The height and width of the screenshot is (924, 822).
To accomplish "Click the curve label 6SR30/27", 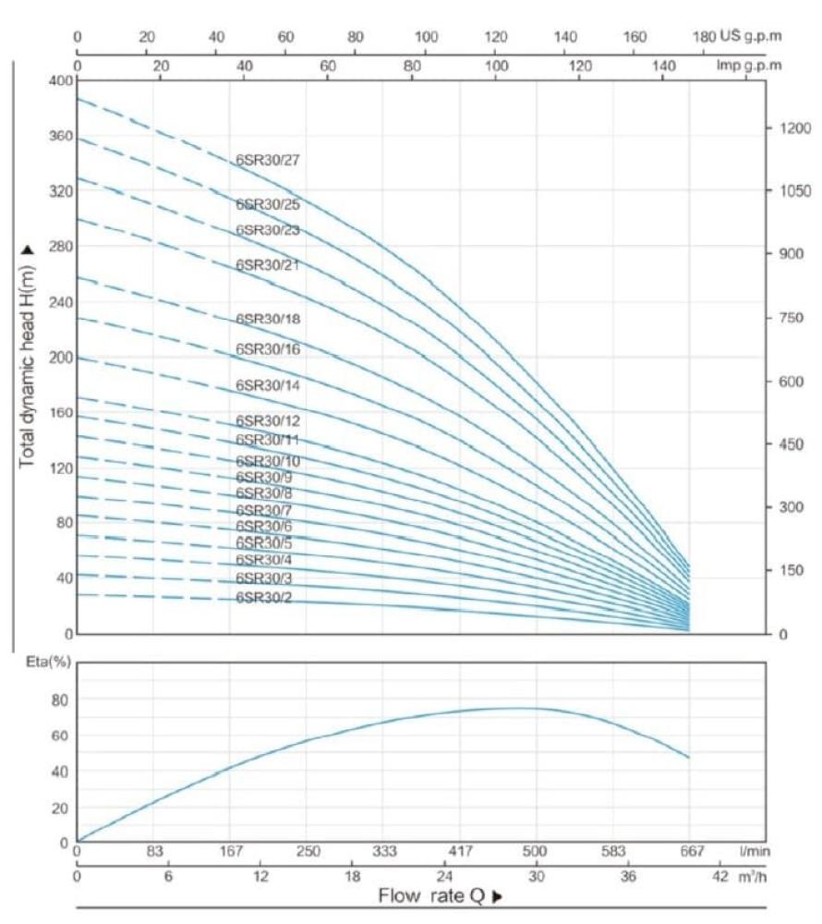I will click(268, 160).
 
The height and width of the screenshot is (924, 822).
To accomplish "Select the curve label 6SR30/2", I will click(265, 597).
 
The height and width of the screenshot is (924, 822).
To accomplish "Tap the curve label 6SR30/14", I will click(268, 385).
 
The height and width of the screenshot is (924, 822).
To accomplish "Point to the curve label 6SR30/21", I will click(268, 265).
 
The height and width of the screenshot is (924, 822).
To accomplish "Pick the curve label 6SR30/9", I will click(264, 477).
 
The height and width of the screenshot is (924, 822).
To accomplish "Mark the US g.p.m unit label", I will click(749, 37).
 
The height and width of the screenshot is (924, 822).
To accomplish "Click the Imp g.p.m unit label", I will click(749, 66).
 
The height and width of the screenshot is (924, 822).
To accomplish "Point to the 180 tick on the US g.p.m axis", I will click(703, 37).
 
